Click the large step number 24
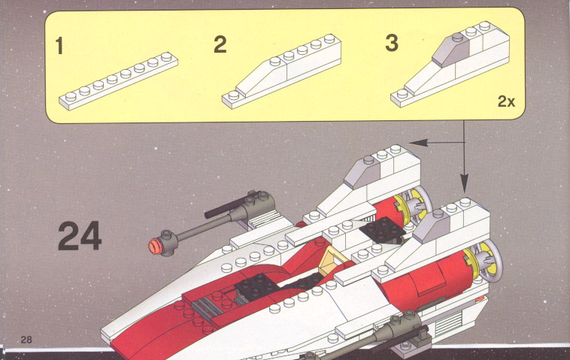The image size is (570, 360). coord(80,236)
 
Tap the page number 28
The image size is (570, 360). coord(26,339)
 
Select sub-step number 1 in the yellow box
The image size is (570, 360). coord(59,46)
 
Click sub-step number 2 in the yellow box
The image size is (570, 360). coord(220,44)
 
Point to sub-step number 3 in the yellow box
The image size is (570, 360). coord(392,43)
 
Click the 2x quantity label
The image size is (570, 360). coord(506,101)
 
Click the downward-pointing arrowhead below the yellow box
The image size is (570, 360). coord(464,183)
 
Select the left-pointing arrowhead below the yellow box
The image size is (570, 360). coord(418,143)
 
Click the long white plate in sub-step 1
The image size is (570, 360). coord(119,81)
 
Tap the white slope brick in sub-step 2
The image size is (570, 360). coord(261,77)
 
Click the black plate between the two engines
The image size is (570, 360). coord(384,230)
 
